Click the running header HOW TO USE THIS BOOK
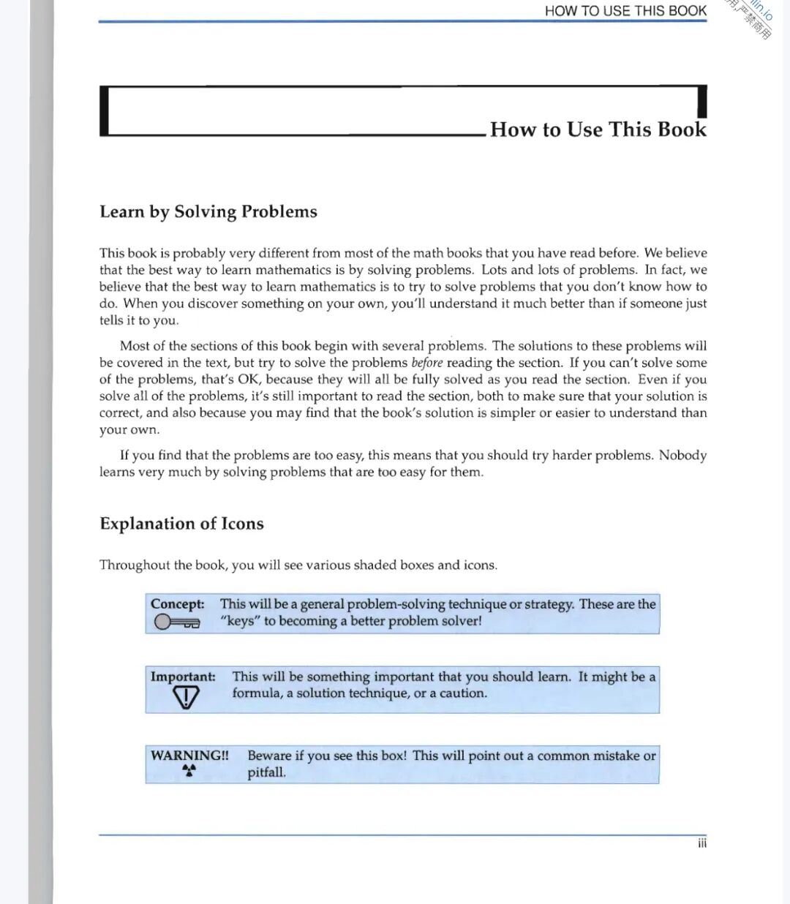pos(625,11)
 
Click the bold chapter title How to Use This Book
pos(598,129)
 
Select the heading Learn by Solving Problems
pos(208,211)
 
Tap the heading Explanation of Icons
pos(181,524)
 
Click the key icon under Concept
pos(177,622)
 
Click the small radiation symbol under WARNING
pos(189,770)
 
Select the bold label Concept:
pos(178,604)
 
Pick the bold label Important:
pos(183,677)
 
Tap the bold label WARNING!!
pos(189,756)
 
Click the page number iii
pos(702,843)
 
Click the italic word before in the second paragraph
pos(427,363)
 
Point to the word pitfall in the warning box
pos(266,772)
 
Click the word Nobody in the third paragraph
pos(682,455)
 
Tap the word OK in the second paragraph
pos(249,380)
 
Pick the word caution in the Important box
pos(462,693)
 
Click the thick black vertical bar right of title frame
pos(702,102)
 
